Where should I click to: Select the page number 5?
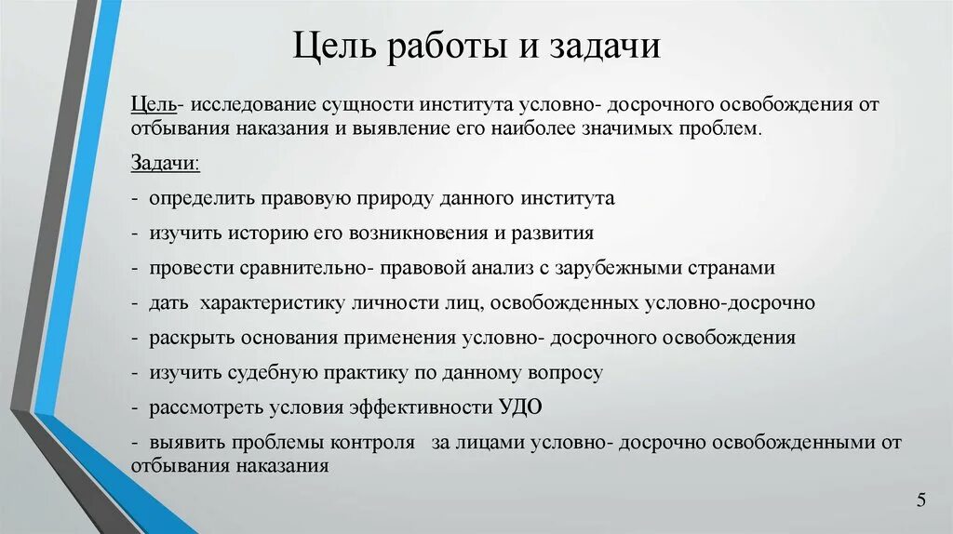[x=920, y=501]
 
